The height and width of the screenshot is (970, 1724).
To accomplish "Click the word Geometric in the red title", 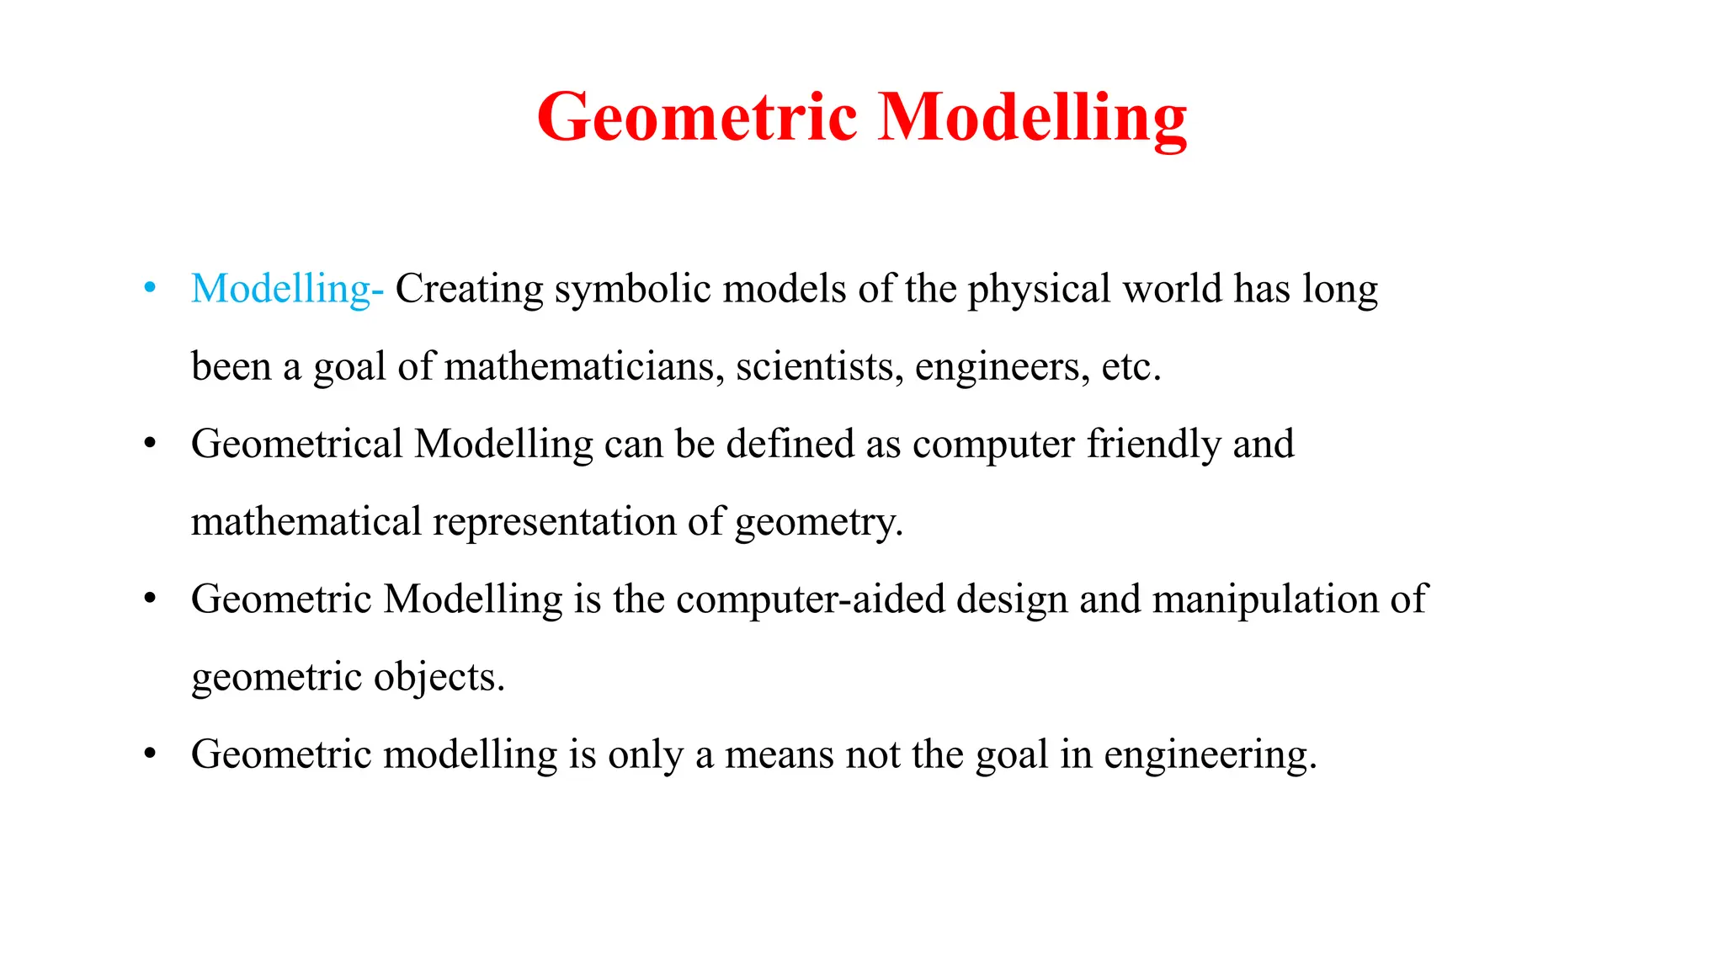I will [x=697, y=117].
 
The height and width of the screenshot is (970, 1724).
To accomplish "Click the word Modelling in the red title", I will [x=1032, y=117].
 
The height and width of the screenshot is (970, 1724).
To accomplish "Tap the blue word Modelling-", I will [x=287, y=289].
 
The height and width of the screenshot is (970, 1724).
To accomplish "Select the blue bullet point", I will [x=150, y=288].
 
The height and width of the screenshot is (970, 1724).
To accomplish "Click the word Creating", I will [x=470, y=289].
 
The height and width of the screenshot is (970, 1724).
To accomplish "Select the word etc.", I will [x=1131, y=366].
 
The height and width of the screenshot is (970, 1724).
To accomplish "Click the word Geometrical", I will [x=297, y=444].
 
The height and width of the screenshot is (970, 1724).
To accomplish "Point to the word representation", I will [x=555, y=521].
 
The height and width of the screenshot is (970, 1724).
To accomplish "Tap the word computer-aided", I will [x=811, y=599].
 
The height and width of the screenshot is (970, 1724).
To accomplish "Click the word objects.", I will [x=439, y=677].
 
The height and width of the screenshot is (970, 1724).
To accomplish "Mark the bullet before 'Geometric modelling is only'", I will [x=150, y=754].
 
